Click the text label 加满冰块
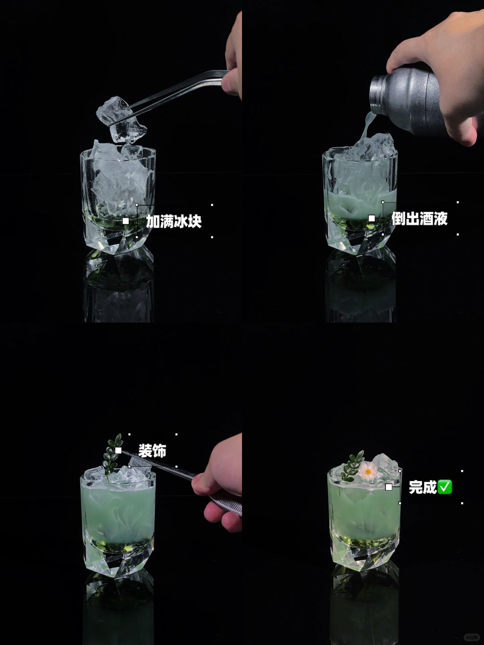174,221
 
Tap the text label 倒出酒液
419,218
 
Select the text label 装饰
152,451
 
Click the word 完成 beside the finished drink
423,487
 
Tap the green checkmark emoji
445,487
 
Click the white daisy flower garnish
367,471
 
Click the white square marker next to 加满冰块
126,221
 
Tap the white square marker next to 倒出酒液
372,218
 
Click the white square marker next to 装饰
118,451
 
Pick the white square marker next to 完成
389,487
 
